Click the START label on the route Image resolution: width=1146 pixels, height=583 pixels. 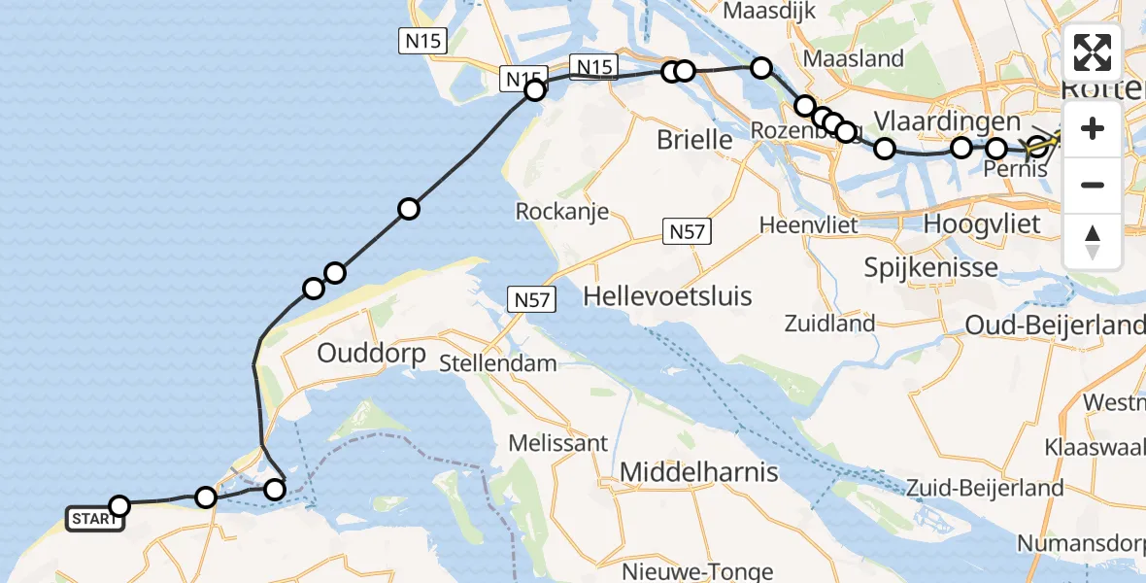coord(94,519)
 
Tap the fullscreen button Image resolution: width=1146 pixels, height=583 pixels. coord(1093,52)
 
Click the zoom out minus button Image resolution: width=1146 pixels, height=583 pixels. coord(1093,185)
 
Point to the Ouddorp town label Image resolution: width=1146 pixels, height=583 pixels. coord(371,354)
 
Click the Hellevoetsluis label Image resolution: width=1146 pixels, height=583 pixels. coord(668,296)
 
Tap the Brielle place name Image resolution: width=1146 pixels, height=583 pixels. coord(694,140)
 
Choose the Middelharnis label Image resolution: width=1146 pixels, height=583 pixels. coord(699,472)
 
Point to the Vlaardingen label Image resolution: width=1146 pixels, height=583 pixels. coord(947,122)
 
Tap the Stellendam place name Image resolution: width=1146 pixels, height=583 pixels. coord(498,364)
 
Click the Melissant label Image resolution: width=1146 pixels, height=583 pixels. coord(558,443)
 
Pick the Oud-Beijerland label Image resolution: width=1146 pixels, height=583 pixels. coord(1054,326)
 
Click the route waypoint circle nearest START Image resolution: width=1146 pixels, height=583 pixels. coord(119,506)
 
